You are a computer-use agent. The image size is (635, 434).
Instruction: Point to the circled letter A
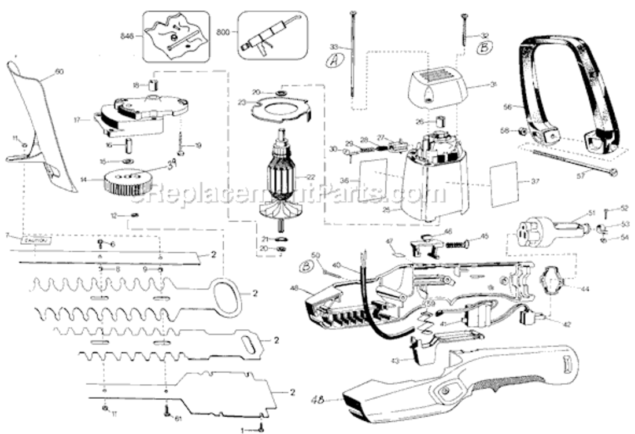point(333,61)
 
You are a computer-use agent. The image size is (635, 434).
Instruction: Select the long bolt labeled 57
point(573,161)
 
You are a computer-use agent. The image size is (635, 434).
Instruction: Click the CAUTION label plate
point(36,238)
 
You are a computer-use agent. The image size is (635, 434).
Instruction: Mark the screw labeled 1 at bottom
point(261,428)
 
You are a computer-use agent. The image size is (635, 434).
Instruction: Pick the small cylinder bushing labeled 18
point(153,85)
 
